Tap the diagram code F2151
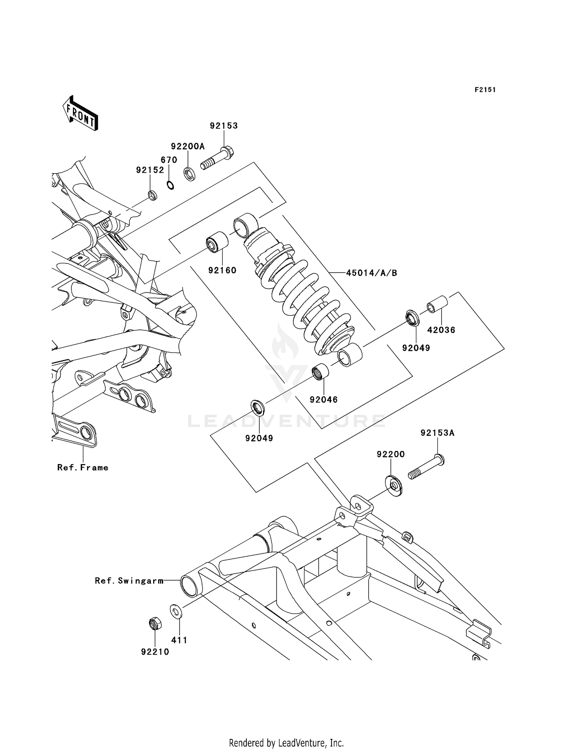[485, 90]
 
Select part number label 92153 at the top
[223, 126]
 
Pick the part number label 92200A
[188, 146]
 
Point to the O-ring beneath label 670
[170, 185]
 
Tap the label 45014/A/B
[371, 273]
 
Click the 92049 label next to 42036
[416, 348]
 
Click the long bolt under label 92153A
[426, 467]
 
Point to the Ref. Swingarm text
[129, 581]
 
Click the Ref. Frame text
[83, 468]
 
